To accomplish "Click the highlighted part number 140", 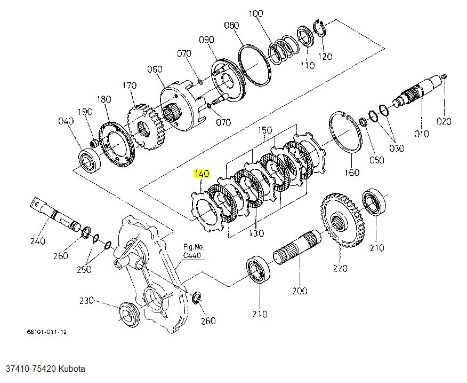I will (202, 174).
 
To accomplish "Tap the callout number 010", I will (421, 134).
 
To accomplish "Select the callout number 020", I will (444, 121).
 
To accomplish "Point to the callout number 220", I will (340, 268).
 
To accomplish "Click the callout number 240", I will (37, 241).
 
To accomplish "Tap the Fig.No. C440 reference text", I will (193, 252).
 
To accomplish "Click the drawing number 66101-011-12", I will (47, 332).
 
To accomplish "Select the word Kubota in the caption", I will (72, 369).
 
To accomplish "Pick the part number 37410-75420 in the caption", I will (30, 369).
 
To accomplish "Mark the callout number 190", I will (85, 112).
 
